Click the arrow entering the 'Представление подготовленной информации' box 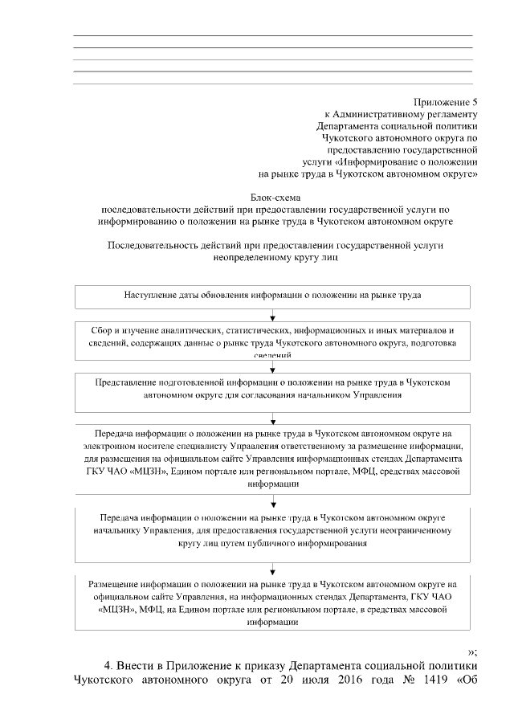274,366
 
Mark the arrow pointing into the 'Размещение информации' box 274,570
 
